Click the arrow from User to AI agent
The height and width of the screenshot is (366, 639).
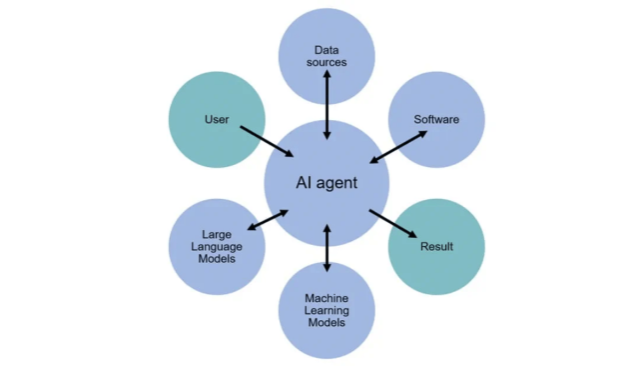[267, 141]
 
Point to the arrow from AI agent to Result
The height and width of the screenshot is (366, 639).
[391, 222]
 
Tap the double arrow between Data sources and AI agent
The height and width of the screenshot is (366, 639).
[326, 105]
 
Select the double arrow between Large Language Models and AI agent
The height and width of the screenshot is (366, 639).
[268, 220]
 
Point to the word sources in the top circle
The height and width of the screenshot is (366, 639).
[326, 62]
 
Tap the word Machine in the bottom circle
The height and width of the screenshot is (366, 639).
[326, 297]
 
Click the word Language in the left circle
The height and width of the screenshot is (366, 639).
[218, 247]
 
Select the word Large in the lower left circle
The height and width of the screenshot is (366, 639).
[218, 235]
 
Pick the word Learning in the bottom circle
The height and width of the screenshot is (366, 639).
[326, 310]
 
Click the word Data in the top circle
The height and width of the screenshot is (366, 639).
[326, 50]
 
